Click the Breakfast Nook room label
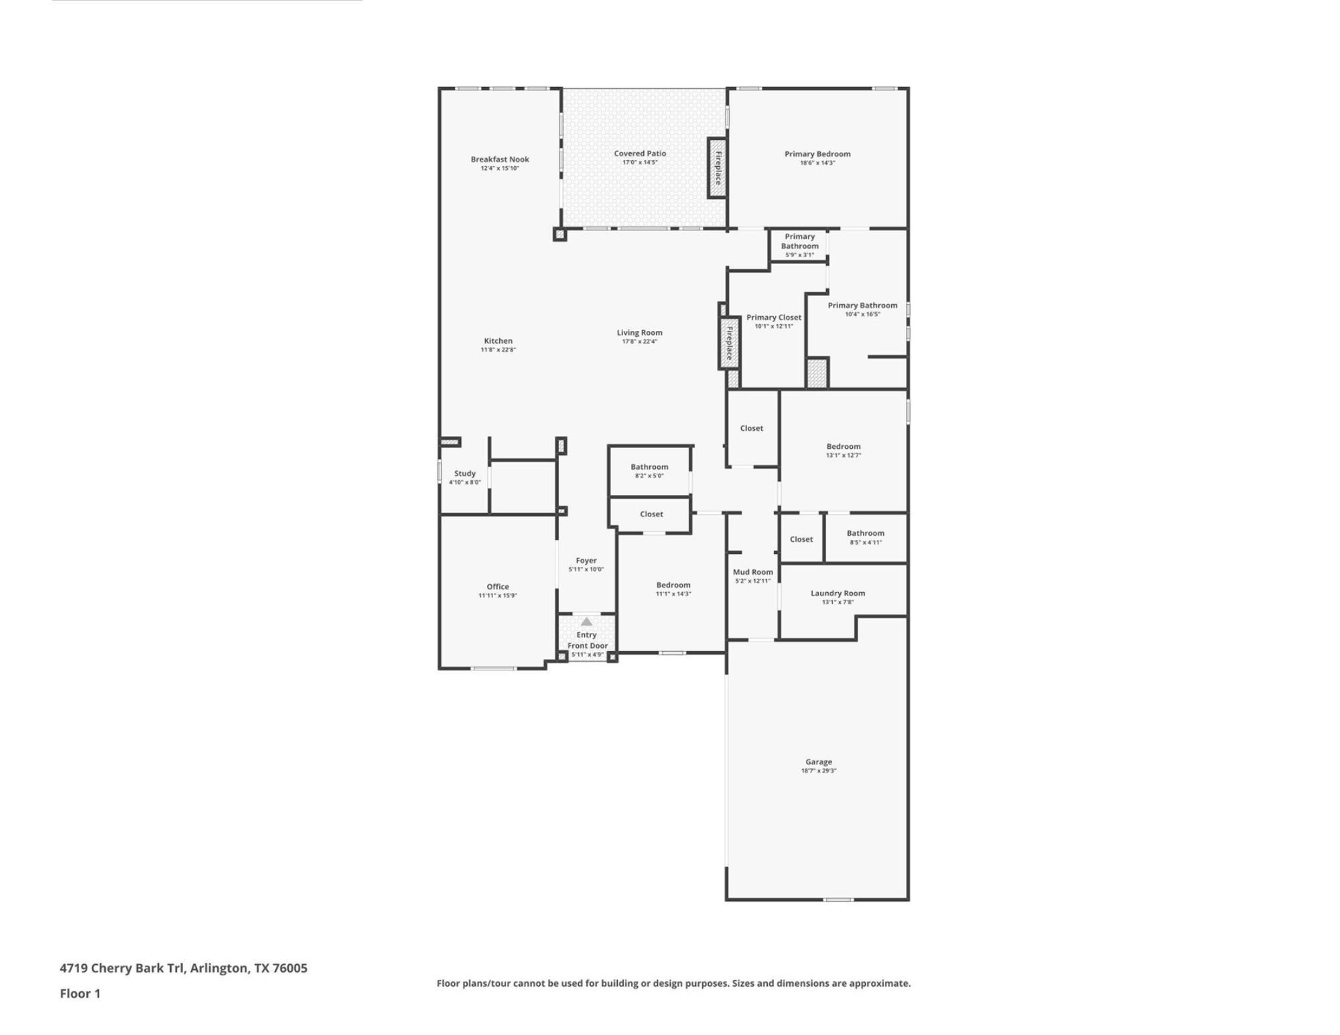coord(500,159)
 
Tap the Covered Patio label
coord(640,153)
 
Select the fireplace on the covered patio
coord(718,168)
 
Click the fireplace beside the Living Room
coord(729,343)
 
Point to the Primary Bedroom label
coord(817,154)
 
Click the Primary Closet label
coord(774,318)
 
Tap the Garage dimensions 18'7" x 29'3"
coord(819,771)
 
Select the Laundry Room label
coord(837,594)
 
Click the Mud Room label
coord(753,572)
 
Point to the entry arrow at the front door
coord(586,622)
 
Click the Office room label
coord(498,587)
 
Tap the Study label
coord(465,474)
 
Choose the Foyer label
coord(586,561)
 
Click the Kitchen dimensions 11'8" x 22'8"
coord(498,350)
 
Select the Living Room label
coord(640,333)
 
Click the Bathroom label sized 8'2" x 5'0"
coord(649,467)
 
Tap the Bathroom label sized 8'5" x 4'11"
coord(866,533)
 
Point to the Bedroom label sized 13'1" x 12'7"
coord(844,446)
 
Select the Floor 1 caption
coord(80,993)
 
